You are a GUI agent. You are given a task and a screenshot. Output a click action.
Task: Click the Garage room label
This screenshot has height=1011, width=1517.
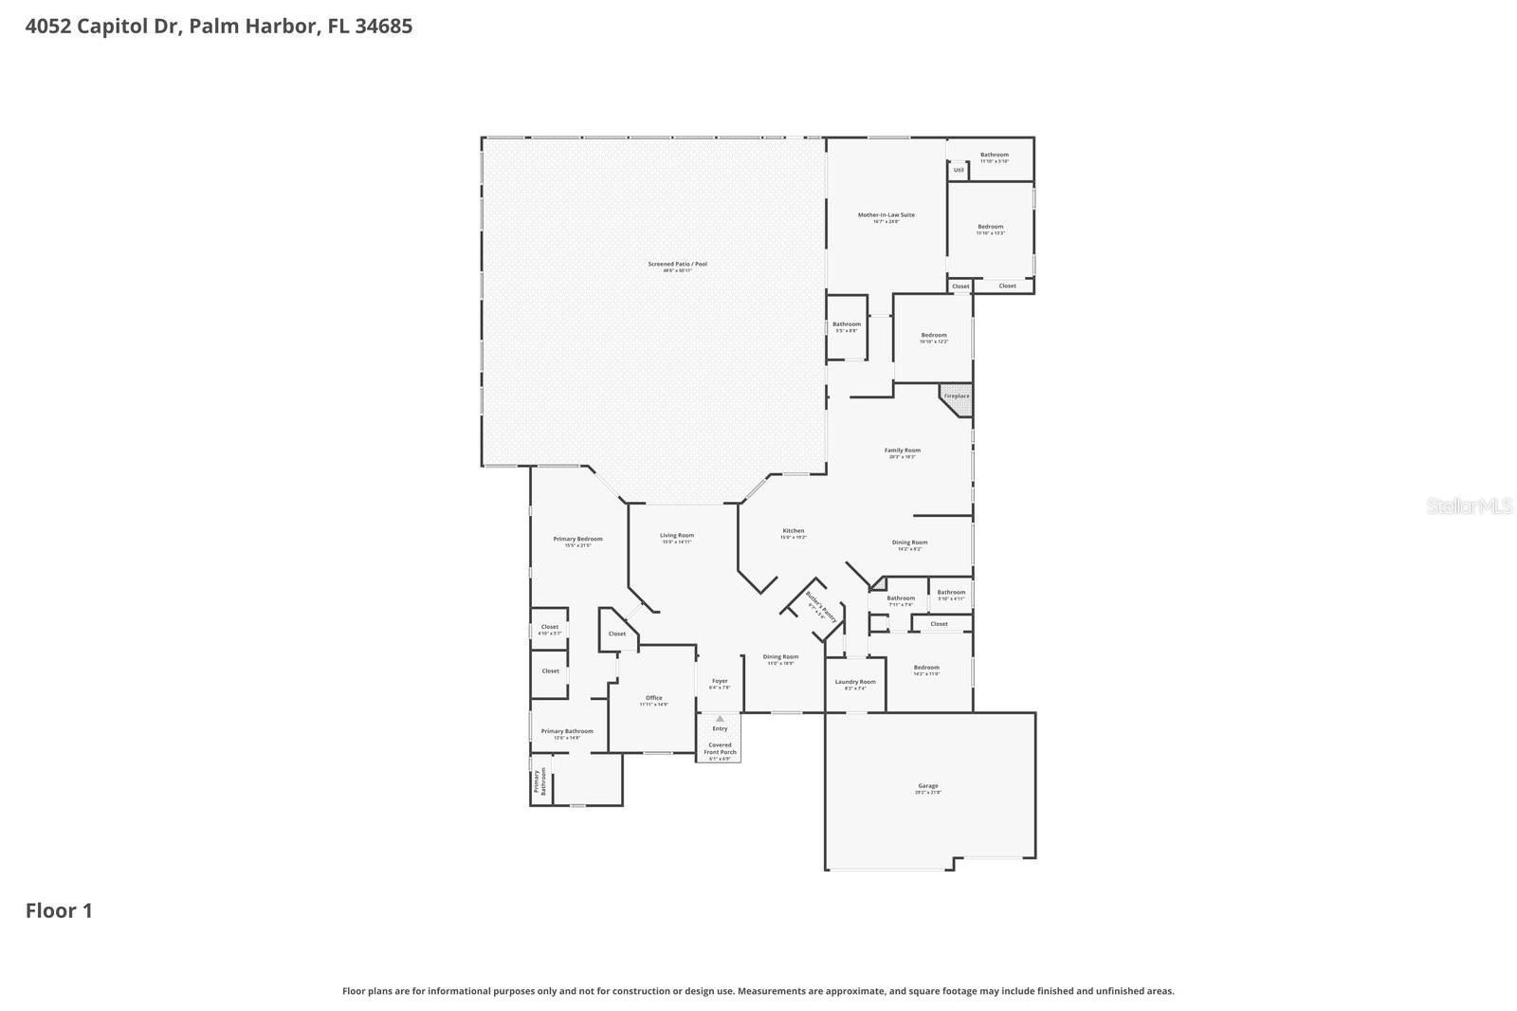pyautogui.click(x=927, y=787)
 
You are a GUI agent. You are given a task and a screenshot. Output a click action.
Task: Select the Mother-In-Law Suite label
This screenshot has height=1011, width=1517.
pyautogui.click(x=886, y=216)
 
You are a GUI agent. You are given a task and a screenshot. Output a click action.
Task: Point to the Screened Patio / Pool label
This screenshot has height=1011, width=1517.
pyautogui.click(x=677, y=266)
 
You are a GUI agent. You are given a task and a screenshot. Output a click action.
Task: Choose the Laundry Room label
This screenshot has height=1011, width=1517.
pyautogui.click(x=854, y=683)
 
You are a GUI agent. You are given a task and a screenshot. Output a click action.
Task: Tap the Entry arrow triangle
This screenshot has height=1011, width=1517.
pyautogui.click(x=720, y=719)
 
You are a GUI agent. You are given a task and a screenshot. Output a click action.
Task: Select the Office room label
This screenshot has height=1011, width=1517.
pyautogui.click(x=653, y=699)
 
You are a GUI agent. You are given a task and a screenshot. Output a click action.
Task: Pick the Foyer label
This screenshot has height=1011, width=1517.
pyautogui.click(x=720, y=682)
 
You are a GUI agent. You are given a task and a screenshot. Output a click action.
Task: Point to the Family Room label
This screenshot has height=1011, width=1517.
pyautogui.click(x=902, y=451)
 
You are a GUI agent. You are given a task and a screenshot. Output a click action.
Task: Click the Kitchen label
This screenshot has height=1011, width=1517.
pyautogui.click(x=793, y=532)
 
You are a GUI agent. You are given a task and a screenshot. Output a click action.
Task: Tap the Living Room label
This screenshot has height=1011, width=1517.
pyautogui.click(x=677, y=537)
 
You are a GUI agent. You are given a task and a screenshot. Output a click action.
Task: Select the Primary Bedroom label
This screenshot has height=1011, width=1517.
pyautogui.click(x=577, y=541)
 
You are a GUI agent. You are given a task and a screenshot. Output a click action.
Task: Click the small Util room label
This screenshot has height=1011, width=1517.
pyautogui.click(x=959, y=171)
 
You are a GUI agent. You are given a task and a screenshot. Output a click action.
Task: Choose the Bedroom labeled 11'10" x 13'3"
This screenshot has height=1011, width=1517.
pyautogui.click(x=990, y=228)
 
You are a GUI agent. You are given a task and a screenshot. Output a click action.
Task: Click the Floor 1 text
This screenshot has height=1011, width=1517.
pyautogui.click(x=59, y=910)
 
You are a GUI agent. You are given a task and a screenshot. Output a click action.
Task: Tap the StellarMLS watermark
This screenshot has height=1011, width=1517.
pyautogui.click(x=1470, y=506)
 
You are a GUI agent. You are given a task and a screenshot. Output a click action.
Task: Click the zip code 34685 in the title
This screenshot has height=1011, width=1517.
pyautogui.click(x=384, y=26)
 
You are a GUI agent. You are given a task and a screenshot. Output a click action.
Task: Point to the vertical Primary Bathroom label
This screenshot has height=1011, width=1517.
pyautogui.click(x=540, y=781)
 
